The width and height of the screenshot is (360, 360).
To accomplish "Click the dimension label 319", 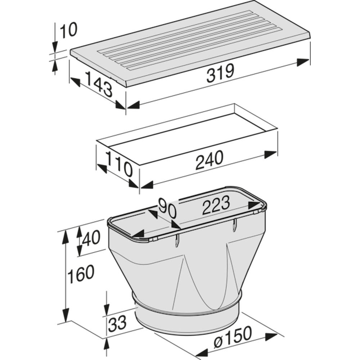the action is (x=220, y=73).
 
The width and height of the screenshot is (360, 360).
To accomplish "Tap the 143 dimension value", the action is (x=99, y=84).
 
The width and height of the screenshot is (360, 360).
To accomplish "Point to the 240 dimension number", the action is (x=209, y=160).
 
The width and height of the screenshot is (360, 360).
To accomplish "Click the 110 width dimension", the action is (x=119, y=164).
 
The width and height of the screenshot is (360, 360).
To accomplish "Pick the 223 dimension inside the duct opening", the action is (x=216, y=205).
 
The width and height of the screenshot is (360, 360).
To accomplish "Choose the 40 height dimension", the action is (x=91, y=238).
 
